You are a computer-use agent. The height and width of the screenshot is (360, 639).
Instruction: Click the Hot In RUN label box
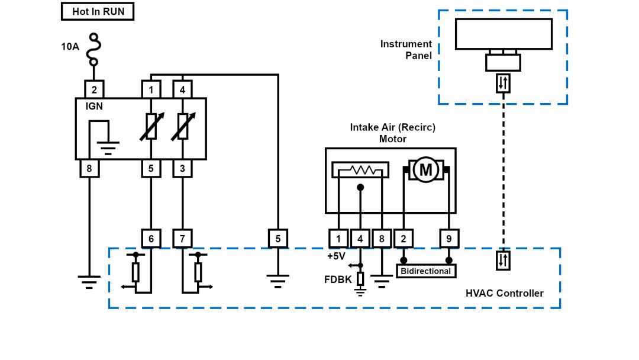[x=98, y=11]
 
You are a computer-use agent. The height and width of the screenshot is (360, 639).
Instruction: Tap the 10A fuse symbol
[x=93, y=50]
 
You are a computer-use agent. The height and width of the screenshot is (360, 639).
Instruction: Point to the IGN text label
[x=95, y=107]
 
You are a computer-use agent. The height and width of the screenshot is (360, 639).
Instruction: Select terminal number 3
[x=182, y=169]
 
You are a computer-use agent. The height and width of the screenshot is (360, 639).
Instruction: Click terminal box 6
[x=151, y=239]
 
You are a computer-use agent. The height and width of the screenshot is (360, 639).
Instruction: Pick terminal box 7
[x=182, y=239]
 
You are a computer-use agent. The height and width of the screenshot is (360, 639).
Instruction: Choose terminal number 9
[x=449, y=239]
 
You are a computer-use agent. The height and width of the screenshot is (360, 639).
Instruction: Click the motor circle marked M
[x=425, y=171]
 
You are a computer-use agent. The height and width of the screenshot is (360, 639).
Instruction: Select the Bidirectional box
[x=426, y=271]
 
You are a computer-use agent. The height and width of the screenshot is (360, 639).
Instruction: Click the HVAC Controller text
[x=504, y=293]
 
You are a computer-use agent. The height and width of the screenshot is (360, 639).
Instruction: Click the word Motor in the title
[x=393, y=139]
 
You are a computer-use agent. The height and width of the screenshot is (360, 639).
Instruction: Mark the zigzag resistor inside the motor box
[x=360, y=171]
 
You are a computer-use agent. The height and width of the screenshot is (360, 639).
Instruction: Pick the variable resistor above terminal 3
[x=182, y=127]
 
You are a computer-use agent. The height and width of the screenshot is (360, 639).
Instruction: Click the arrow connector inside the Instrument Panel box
[x=503, y=83]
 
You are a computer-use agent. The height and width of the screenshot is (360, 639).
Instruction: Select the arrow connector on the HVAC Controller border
[x=503, y=261]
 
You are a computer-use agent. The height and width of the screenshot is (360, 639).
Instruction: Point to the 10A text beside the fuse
[x=70, y=46]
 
